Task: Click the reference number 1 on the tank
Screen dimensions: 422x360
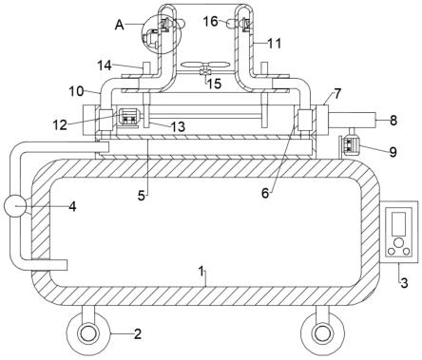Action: click(201, 273)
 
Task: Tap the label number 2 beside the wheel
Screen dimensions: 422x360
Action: click(138, 333)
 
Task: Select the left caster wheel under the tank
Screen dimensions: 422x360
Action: click(88, 334)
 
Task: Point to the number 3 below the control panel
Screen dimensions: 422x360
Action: click(404, 283)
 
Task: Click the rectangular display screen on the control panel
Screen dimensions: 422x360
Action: click(398, 223)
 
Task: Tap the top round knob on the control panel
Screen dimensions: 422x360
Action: click(398, 243)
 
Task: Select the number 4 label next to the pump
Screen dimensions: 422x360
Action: click(72, 207)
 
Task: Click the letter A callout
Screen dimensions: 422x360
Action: click(119, 25)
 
